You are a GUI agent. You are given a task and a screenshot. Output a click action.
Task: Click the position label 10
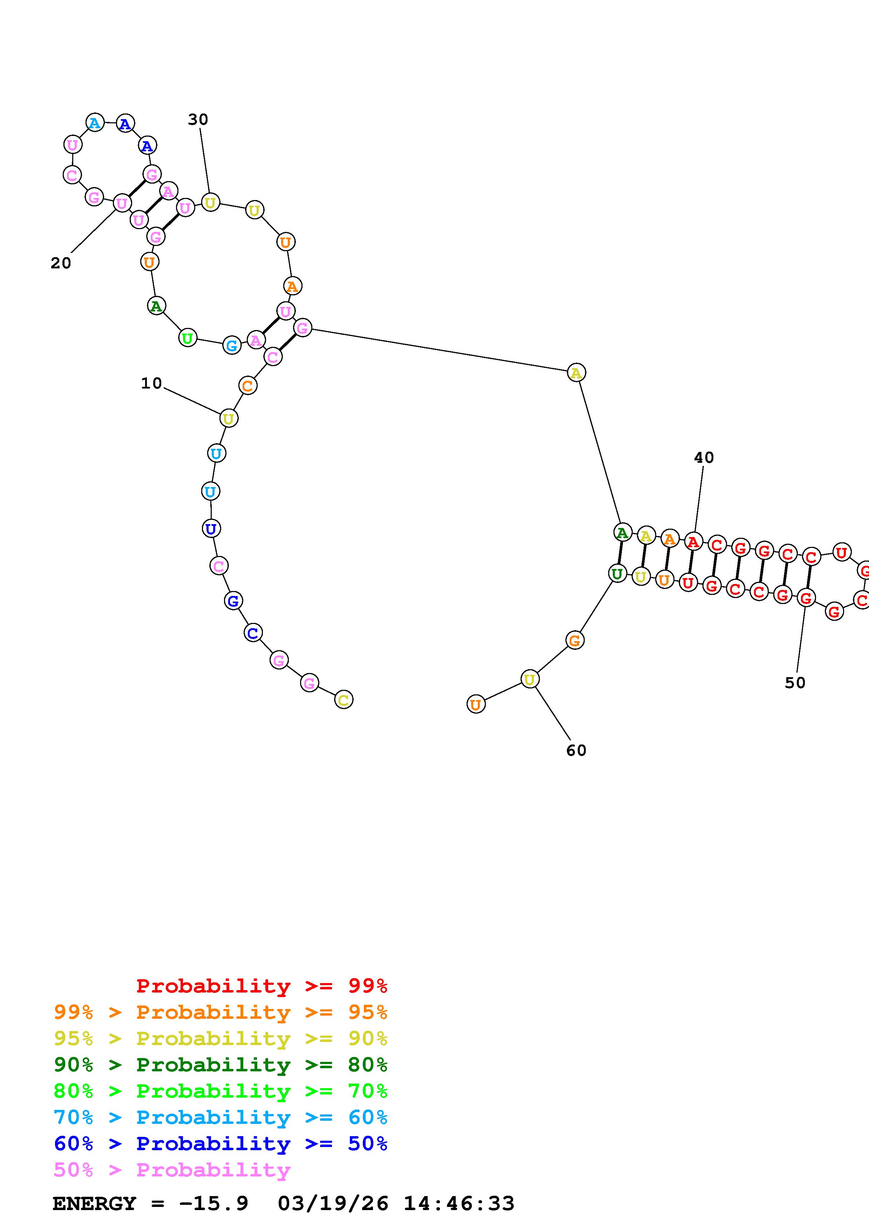coord(151,383)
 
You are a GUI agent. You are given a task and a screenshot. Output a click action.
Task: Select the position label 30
coord(198,119)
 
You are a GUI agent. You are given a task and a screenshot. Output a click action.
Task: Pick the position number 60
coord(576,750)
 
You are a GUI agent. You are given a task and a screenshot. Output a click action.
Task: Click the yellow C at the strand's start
coord(344,700)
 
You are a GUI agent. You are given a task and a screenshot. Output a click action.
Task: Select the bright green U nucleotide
coord(188,338)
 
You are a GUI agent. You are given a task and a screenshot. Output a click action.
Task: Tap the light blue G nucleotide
coord(231,346)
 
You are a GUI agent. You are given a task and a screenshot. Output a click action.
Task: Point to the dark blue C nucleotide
coord(253,633)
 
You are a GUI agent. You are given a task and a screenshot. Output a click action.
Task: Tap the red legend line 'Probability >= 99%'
coord(261,986)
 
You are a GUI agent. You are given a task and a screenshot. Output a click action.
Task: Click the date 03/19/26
coord(333,1203)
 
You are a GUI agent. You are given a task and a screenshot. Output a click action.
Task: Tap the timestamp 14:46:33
coord(459,1203)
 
